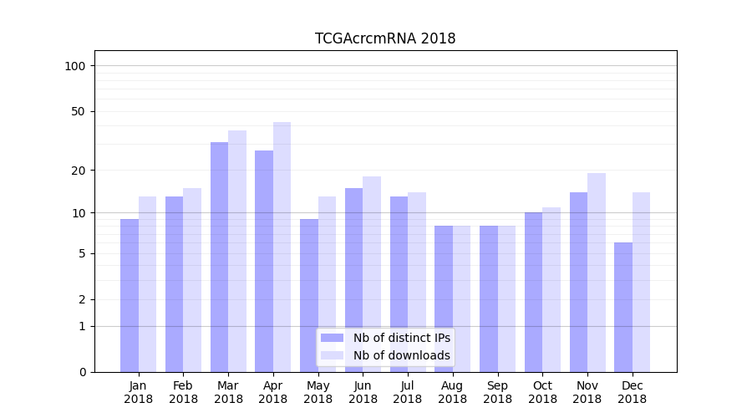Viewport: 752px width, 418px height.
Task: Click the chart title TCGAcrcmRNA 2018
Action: (x=385, y=38)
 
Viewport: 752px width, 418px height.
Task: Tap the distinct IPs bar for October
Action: (x=534, y=292)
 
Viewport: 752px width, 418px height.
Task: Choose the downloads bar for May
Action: (x=327, y=284)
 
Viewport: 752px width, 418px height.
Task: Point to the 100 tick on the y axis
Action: (x=80, y=66)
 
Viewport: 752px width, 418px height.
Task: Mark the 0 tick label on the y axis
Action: (x=82, y=372)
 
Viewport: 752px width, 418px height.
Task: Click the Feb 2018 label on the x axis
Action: (x=183, y=392)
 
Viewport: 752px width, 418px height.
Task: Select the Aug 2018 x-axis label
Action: (x=452, y=392)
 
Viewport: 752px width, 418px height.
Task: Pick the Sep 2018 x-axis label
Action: (x=497, y=392)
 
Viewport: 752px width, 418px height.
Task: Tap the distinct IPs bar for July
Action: (x=399, y=284)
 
